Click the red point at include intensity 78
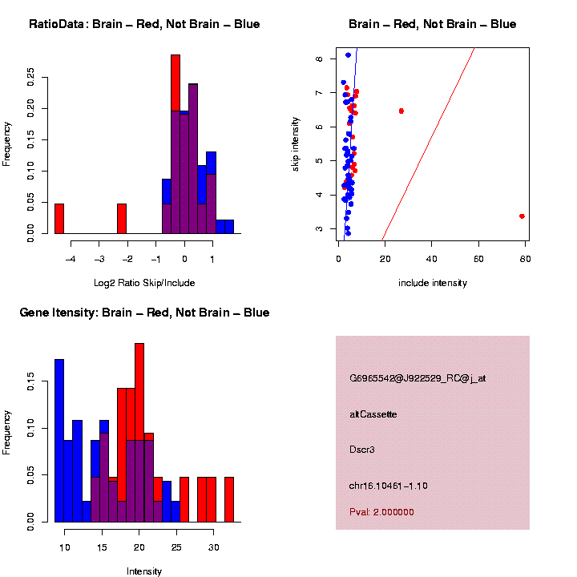click(522, 216)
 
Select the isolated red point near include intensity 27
click(401, 111)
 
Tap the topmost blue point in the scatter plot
click(348, 54)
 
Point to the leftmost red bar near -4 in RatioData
click(59, 218)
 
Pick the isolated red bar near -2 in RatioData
click(122, 218)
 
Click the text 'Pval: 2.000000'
click(382, 512)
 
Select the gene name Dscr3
click(362, 450)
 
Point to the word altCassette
click(373, 414)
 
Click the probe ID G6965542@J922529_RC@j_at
click(418, 378)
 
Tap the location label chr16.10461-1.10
click(389, 486)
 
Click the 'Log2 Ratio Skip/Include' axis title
click(144, 283)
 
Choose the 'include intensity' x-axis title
click(433, 283)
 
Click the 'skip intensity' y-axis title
click(296, 143)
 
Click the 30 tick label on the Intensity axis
click(213, 547)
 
